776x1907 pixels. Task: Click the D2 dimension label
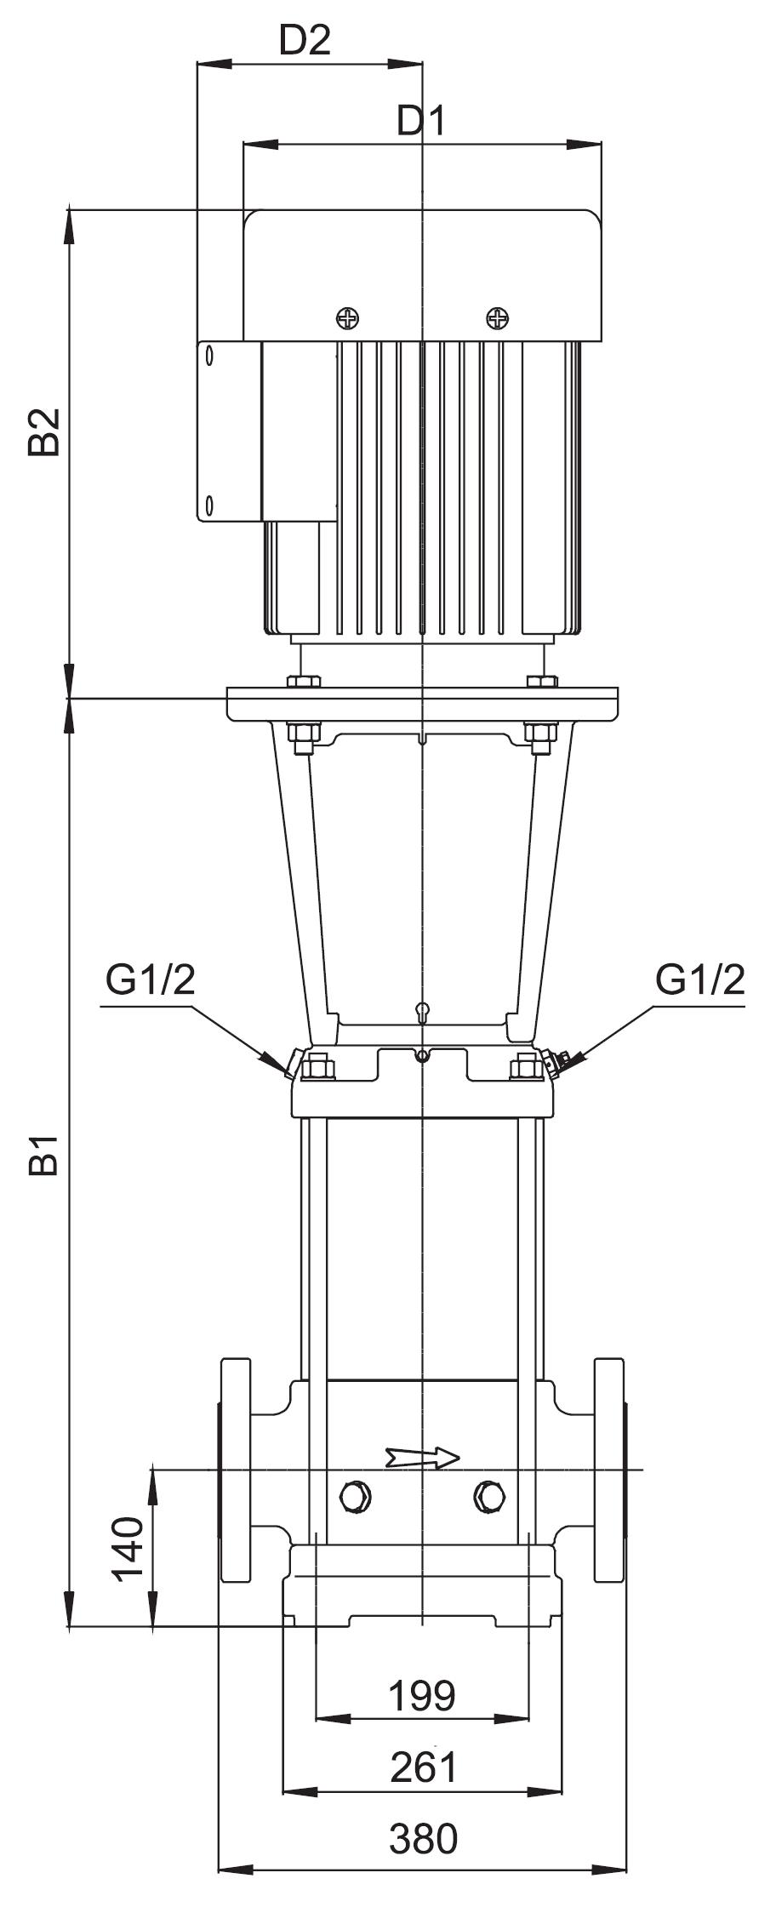click(305, 40)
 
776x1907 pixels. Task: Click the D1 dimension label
click(421, 123)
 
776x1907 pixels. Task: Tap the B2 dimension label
click(44, 431)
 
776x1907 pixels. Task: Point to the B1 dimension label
click(44, 1154)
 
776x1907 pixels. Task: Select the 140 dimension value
click(129, 1547)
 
